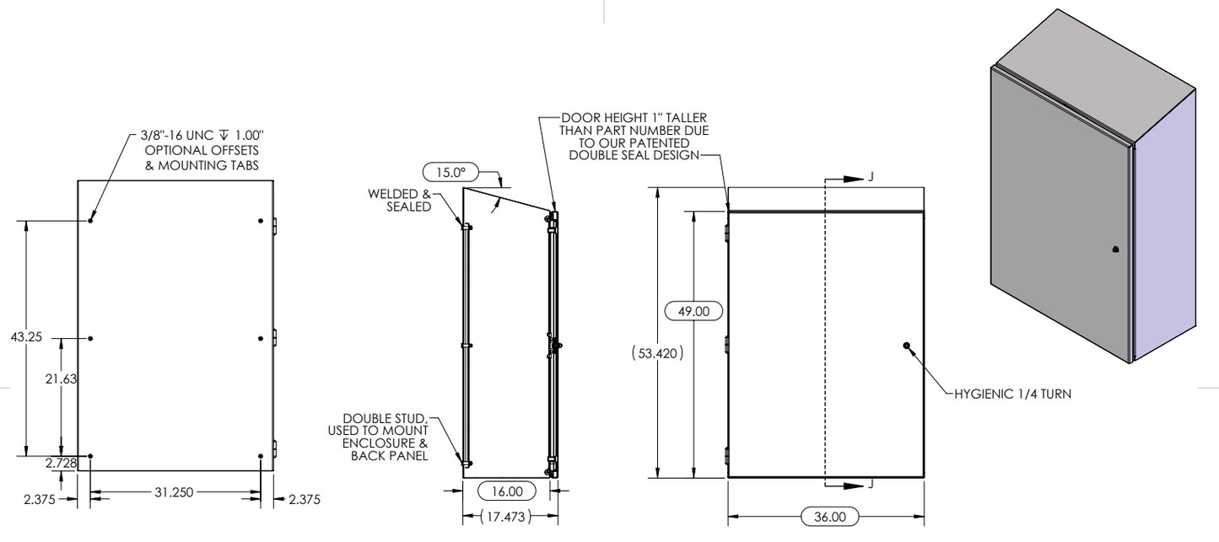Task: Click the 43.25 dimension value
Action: (x=26, y=336)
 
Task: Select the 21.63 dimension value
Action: (x=61, y=379)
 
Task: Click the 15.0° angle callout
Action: (x=450, y=172)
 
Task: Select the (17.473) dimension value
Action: (x=505, y=516)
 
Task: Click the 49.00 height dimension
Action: (x=693, y=311)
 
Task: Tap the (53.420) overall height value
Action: (x=656, y=354)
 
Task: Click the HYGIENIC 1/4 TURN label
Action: (x=1012, y=393)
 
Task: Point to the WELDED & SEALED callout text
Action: (x=399, y=200)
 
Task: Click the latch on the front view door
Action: (x=906, y=346)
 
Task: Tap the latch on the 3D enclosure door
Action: (x=1115, y=250)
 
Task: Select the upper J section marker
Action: (x=869, y=179)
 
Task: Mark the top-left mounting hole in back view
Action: (x=90, y=221)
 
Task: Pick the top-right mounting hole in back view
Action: (x=261, y=221)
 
